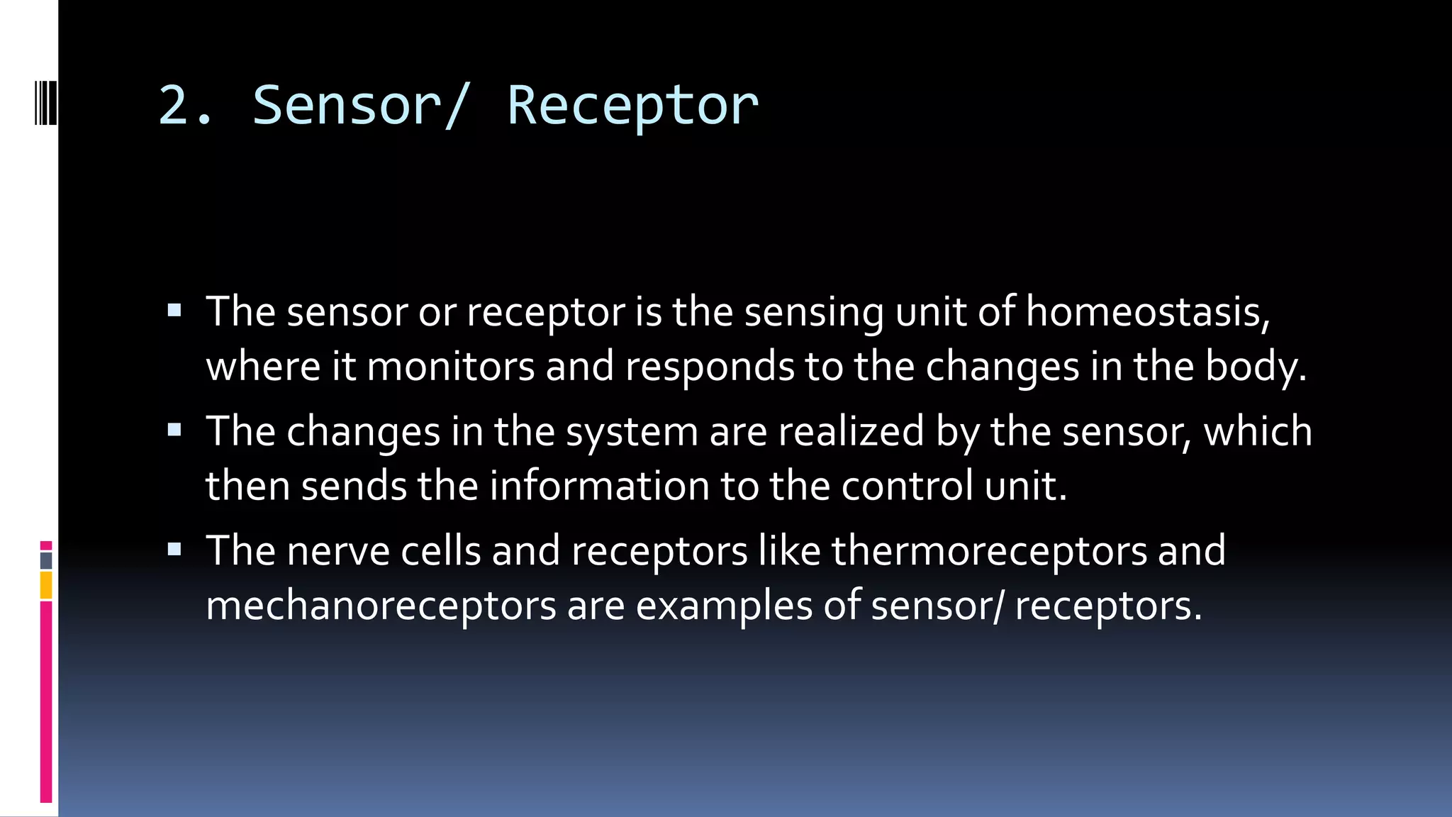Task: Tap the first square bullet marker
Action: click(174, 310)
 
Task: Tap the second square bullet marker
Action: click(174, 429)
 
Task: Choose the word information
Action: click(599, 486)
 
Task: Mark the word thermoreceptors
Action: click(989, 551)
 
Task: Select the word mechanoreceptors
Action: click(381, 606)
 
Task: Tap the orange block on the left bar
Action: click(46, 586)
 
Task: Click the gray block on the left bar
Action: click(46, 561)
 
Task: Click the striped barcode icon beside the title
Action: click(45, 103)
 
